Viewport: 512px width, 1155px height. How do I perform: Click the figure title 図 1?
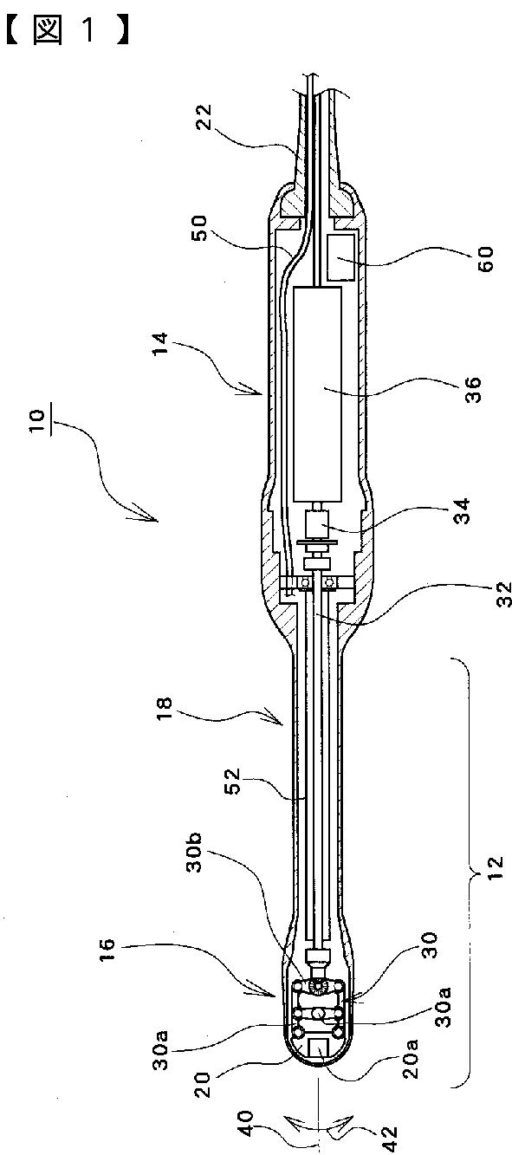pyautogui.click(x=67, y=31)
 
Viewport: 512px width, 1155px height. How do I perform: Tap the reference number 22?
pyautogui.click(x=204, y=118)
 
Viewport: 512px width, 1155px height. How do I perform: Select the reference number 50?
pyautogui.click(x=198, y=228)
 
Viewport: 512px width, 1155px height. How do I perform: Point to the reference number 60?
pyautogui.click(x=485, y=259)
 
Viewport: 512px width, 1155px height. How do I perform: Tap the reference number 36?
pyautogui.click(x=472, y=390)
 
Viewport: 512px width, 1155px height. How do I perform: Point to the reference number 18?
pyautogui.click(x=165, y=710)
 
